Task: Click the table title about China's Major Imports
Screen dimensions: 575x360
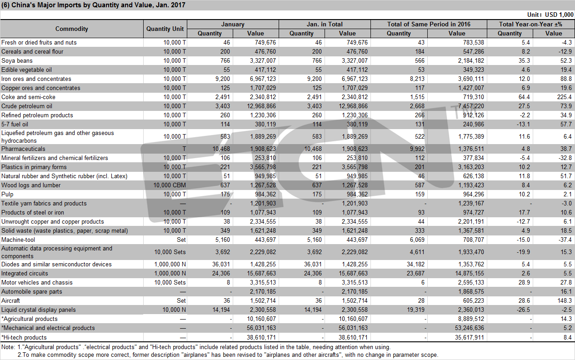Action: click(93, 5)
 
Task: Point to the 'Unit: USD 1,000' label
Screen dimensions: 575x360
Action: click(550, 15)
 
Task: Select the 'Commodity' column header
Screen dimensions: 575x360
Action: click(72, 29)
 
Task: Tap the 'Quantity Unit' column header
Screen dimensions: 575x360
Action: click(165, 29)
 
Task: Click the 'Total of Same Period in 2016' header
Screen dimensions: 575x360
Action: click(429, 24)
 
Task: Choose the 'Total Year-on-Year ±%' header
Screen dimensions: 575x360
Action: click(530, 24)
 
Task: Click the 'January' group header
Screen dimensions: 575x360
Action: click(233, 24)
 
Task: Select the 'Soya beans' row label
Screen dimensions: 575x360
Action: click(17, 60)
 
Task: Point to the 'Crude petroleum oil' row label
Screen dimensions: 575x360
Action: click(27, 106)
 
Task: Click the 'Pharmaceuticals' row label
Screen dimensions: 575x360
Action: click(23, 149)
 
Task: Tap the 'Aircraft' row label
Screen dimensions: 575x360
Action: click(10, 300)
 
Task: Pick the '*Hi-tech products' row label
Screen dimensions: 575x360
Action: click(24, 337)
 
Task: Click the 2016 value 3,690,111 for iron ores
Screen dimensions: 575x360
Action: click(471, 79)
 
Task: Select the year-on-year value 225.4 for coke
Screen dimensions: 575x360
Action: click(565, 97)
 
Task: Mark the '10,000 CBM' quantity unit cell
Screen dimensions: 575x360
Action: click(170, 185)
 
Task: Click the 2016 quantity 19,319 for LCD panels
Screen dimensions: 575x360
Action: click(415, 310)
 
